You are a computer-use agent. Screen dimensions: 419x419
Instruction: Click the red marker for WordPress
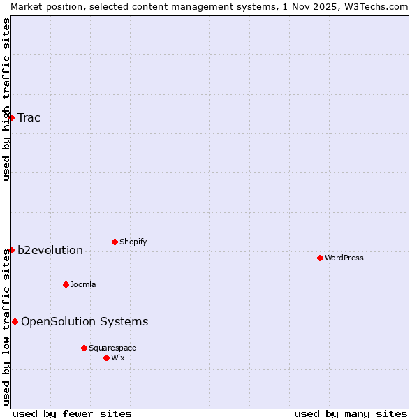pyautogui.click(x=320, y=258)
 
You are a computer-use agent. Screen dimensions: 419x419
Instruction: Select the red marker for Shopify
pyautogui.click(x=115, y=242)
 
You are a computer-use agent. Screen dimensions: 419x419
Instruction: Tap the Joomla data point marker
pyautogui.click(x=66, y=284)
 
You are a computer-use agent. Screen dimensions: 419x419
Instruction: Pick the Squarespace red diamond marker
pyautogui.click(x=84, y=348)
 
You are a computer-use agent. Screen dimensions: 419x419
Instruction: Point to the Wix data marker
pyautogui.click(x=106, y=358)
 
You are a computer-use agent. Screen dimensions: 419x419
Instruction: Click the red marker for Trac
pyautogui.click(x=11, y=117)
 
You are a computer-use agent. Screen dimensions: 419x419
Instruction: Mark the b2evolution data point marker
pyautogui.click(x=11, y=250)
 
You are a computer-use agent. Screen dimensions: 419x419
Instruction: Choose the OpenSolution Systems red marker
pyautogui.click(x=15, y=321)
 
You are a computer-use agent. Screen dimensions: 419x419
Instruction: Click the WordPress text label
pyautogui.click(x=344, y=258)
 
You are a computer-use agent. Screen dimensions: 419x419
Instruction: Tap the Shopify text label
pyautogui.click(x=133, y=242)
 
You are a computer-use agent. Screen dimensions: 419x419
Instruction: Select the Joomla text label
pyautogui.click(x=83, y=284)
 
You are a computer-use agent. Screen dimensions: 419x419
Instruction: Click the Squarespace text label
pyautogui.click(x=112, y=348)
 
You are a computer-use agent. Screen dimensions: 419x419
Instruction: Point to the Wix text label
pyautogui.click(x=117, y=358)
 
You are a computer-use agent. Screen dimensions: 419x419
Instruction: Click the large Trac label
pyautogui.click(x=29, y=117)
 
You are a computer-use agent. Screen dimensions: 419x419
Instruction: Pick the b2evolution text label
pyautogui.click(x=50, y=250)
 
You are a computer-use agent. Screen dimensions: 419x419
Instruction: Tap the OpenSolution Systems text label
pyautogui.click(x=84, y=321)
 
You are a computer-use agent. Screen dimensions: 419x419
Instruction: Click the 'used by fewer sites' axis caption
pyautogui.click(x=72, y=413)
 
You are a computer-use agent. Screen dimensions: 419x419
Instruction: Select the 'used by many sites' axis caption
pyautogui.click(x=351, y=413)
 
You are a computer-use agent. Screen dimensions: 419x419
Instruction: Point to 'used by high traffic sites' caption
pyautogui.click(x=6, y=99)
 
